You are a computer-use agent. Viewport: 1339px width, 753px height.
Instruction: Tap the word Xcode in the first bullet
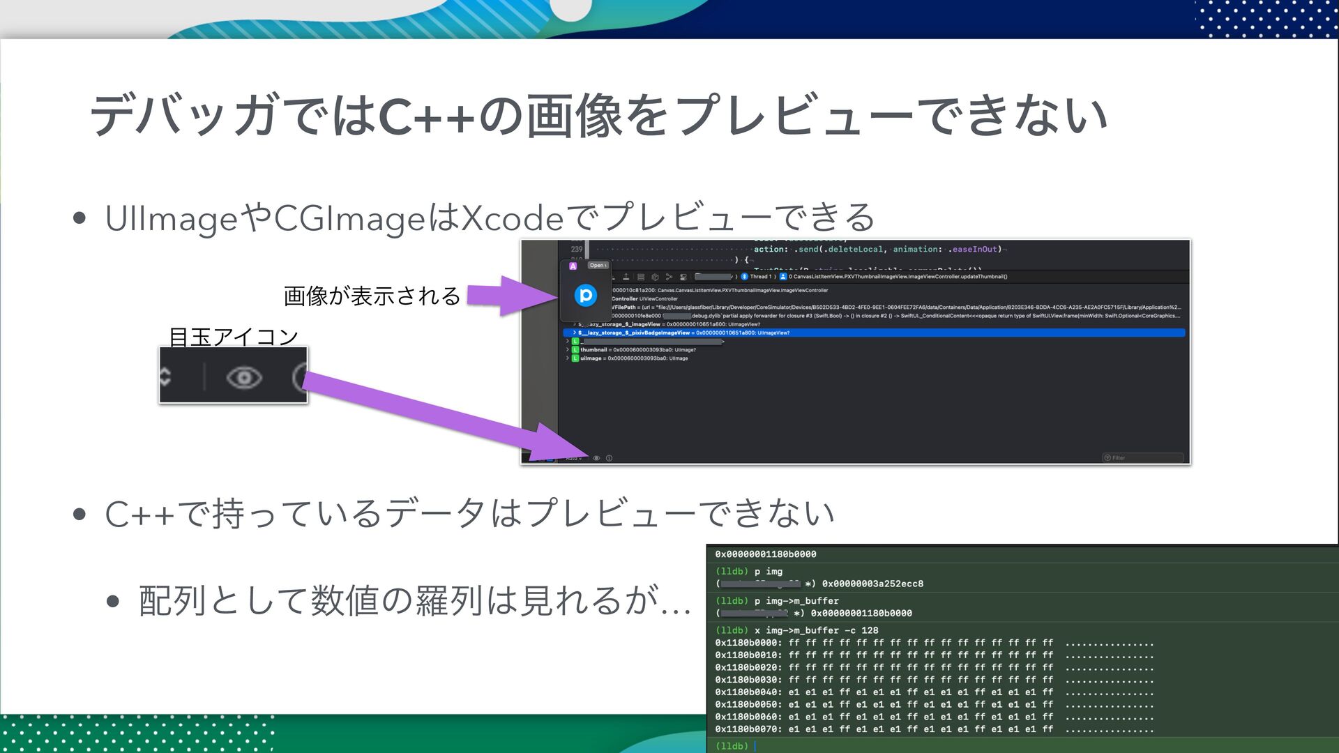(x=513, y=218)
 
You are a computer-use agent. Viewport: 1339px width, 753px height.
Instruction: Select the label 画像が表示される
(x=372, y=296)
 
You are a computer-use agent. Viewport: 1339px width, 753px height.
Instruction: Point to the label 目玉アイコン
(x=234, y=337)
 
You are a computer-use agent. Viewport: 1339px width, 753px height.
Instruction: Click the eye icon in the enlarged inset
(x=244, y=377)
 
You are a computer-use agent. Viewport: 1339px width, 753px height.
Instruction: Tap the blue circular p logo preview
(x=585, y=295)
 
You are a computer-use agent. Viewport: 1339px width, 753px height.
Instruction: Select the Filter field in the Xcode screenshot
(x=1143, y=457)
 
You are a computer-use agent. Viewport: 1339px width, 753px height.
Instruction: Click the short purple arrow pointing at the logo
(x=509, y=295)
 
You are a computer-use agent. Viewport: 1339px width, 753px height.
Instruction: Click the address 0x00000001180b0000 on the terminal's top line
(x=765, y=554)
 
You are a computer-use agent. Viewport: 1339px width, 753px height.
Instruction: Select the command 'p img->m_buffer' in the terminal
(x=796, y=600)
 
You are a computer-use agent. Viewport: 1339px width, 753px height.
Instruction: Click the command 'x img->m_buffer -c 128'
(x=816, y=630)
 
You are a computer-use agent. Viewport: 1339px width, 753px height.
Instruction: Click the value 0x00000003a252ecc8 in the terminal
(x=872, y=584)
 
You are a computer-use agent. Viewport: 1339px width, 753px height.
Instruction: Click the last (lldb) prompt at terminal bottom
(x=732, y=746)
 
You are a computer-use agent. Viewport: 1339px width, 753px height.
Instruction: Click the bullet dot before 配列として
(x=114, y=600)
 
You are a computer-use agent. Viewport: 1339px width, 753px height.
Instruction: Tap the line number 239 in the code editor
(x=577, y=249)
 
